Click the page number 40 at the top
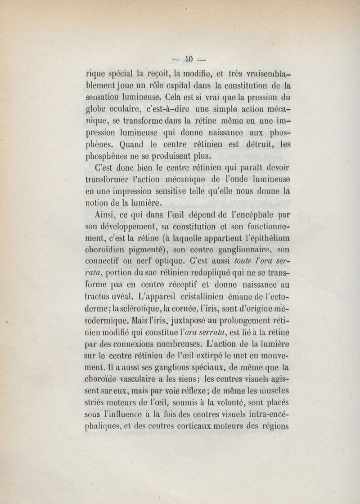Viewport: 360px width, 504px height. coord(188,58)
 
